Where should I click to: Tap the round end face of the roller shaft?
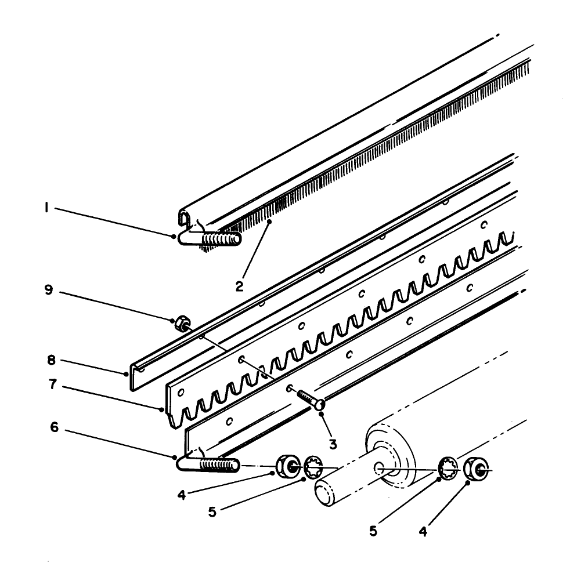pyautogui.click(x=324, y=493)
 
